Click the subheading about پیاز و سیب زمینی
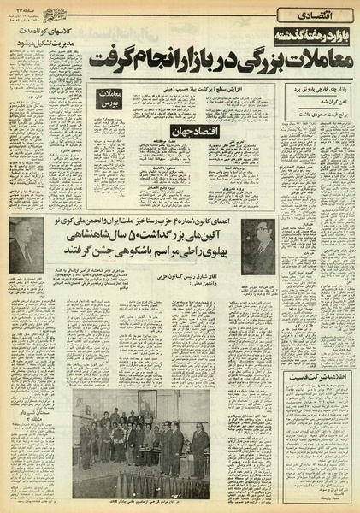click(192, 88)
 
